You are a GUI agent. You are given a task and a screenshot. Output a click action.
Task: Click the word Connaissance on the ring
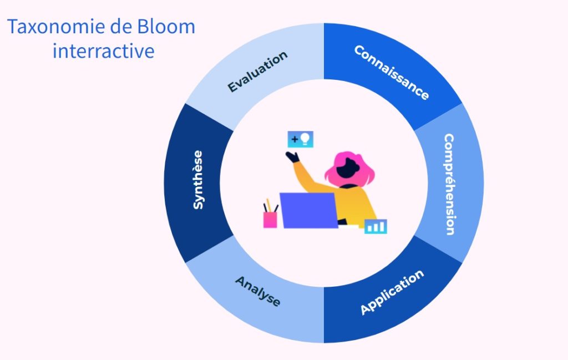tap(392, 73)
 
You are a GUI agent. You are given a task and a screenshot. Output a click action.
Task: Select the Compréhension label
tap(449, 184)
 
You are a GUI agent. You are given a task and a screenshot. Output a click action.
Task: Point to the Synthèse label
tap(198, 180)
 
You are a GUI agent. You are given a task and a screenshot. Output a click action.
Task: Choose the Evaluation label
tap(257, 72)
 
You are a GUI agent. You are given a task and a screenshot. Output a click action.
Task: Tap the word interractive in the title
tap(104, 50)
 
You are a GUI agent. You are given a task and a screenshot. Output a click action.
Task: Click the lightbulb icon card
tap(300, 139)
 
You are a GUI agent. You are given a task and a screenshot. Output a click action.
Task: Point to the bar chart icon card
tap(376, 226)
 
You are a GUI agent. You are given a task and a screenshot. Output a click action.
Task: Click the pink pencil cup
tap(270, 220)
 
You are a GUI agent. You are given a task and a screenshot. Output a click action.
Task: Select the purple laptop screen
tap(309, 210)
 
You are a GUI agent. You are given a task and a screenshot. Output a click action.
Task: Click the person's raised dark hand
tap(293, 157)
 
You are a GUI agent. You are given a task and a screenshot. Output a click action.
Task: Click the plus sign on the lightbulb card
tap(295, 139)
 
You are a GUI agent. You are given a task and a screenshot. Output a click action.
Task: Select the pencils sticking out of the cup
tap(270, 206)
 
